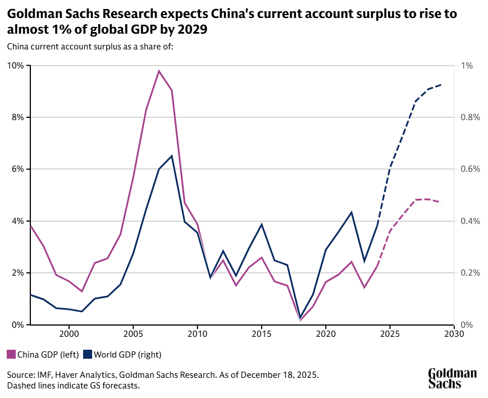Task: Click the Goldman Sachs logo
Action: (x=452, y=378)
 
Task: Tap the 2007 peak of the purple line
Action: (x=159, y=71)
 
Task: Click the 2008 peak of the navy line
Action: (x=172, y=155)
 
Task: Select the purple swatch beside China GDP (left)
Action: (x=11, y=354)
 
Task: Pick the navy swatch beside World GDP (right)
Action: (x=88, y=354)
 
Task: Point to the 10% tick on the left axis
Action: (x=16, y=66)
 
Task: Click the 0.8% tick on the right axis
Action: (x=470, y=117)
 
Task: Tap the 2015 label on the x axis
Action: (x=262, y=333)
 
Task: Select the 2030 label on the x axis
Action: (x=454, y=333)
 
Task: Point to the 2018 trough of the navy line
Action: (x=300, y=317)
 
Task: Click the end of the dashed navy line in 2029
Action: (x=441, y=85)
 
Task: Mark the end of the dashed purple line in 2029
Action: (x=441, y=202)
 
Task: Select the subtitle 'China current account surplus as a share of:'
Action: (x=90, y=47)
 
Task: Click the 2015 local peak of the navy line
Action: (x=262, y=224)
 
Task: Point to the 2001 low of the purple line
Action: (x=82, y=291)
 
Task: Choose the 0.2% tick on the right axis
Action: (x=470, y=273)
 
